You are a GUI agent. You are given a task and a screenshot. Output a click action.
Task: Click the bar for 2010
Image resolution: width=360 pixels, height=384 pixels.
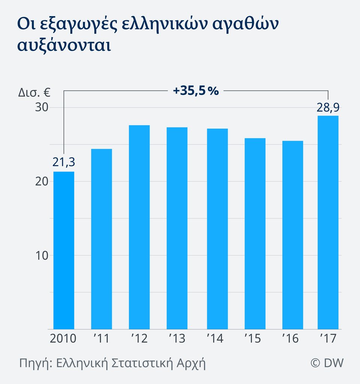pyautogui.click(x=64, y=250)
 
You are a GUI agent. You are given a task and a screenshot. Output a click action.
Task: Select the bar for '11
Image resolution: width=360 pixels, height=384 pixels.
pyautogui.click(x=101, y=239)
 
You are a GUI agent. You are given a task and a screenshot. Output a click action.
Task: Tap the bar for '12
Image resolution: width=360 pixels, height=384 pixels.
pyautogui.click(x=139, y=227)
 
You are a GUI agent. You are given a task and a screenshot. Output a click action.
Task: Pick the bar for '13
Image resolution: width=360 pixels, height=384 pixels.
pyautogui.click(x=177, y=228)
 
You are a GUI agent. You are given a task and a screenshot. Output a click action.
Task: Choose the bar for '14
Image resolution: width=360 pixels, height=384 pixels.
pyautogui.click(x=217, y=229)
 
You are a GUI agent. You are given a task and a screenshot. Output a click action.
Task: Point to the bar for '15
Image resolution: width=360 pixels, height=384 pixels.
pyautogui.click(x=255, y=234)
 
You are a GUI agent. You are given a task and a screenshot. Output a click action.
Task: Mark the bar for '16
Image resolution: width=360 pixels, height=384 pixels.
pyautogui.click(x=292, y=235)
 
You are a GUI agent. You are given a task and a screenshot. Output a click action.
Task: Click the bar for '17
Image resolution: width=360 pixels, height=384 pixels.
pyautogui.click(x=328, y=222)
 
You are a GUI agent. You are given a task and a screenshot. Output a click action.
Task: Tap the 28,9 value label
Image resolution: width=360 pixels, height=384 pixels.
pyautogui.click(x=327, y=108)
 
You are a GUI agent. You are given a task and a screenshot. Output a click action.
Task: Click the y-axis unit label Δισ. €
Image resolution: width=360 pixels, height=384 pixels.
pyautogui.click(x=35, y=92)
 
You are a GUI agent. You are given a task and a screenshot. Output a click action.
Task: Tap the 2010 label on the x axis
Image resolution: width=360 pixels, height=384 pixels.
pyautogui.click(x=63, y=339)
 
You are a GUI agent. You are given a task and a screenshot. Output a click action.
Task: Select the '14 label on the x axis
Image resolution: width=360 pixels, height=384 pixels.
pyautogui.click(x=215, y=339)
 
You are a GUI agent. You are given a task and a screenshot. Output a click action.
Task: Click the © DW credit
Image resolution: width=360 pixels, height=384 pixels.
pyautogui.click(x=327, y=363)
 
